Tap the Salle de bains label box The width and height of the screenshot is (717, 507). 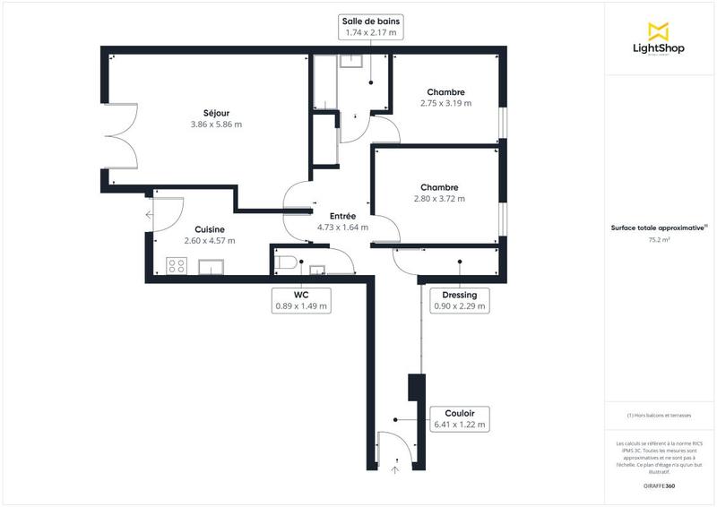[369, 26]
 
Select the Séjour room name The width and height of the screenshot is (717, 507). [216, 113]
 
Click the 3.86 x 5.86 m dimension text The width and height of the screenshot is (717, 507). [216, 125]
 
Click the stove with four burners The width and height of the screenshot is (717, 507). [176, 265]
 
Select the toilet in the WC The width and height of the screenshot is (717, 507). [285, 262]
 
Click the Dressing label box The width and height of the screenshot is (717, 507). [459, 300]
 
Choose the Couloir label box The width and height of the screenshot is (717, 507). [459, 418]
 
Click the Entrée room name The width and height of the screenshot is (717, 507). [342, 216]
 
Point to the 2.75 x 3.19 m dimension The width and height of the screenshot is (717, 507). [445, 103]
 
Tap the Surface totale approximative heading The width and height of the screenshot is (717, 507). [660, 228]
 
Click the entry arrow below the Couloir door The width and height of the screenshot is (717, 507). [395, 466]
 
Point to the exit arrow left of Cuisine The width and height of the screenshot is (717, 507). [147, 214]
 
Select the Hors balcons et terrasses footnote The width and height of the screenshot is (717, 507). [660, 416]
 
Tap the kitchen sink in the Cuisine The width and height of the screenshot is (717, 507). [212, 266]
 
